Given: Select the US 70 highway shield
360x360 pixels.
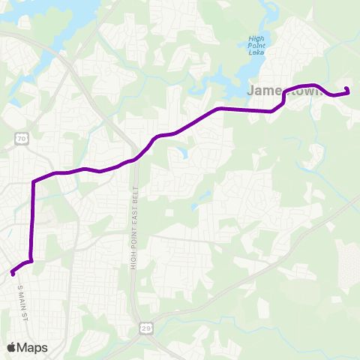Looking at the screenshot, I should (x=22, y=139).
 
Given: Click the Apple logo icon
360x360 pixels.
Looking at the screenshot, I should (x=13, y=347).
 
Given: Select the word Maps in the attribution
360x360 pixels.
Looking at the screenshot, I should (x=33, y=347).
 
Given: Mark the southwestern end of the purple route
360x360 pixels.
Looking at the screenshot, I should (x=13, y=273).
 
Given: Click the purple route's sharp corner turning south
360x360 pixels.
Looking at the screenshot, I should (x=34, y=182).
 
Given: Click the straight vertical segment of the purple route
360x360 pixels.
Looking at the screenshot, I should (x=32, y=221).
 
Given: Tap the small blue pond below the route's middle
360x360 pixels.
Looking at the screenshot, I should (x=180, y=153).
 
